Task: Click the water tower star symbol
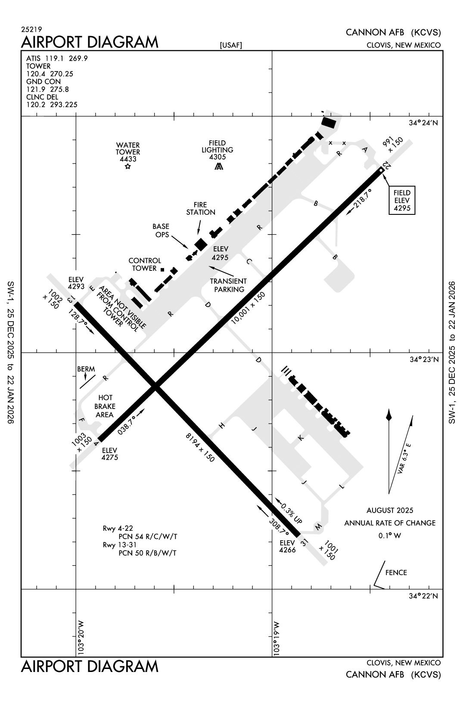pyautogui.click(x=127, y=167)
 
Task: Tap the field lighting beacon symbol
pyautogui.click(x=219, y=167)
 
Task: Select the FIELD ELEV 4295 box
pyautogui.click(x=401, y=200)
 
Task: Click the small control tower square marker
pyautogui.click(x=162, y=269)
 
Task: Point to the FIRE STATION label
pyautogui.click(x=201, y=208)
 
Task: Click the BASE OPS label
pyautogui.click(x=161, y=230)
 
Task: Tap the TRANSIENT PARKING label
pyautogui.click(x=229, y=285)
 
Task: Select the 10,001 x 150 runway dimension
pyautogui.click(x=248, y=307)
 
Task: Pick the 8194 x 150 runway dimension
pyautogui.click(x=200, y=448)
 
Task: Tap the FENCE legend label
pyautogui.click(x=396, y=573)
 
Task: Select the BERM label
pyautogui.click(x=86, y=369)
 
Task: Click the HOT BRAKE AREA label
pyautogui.click(x=105, y=406)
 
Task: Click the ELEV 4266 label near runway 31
pyautogui.click(x=287, y=546)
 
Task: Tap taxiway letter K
pyautogui.click(x=301, y=438)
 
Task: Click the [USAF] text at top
pyautogui.click(x=231, y=45)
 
